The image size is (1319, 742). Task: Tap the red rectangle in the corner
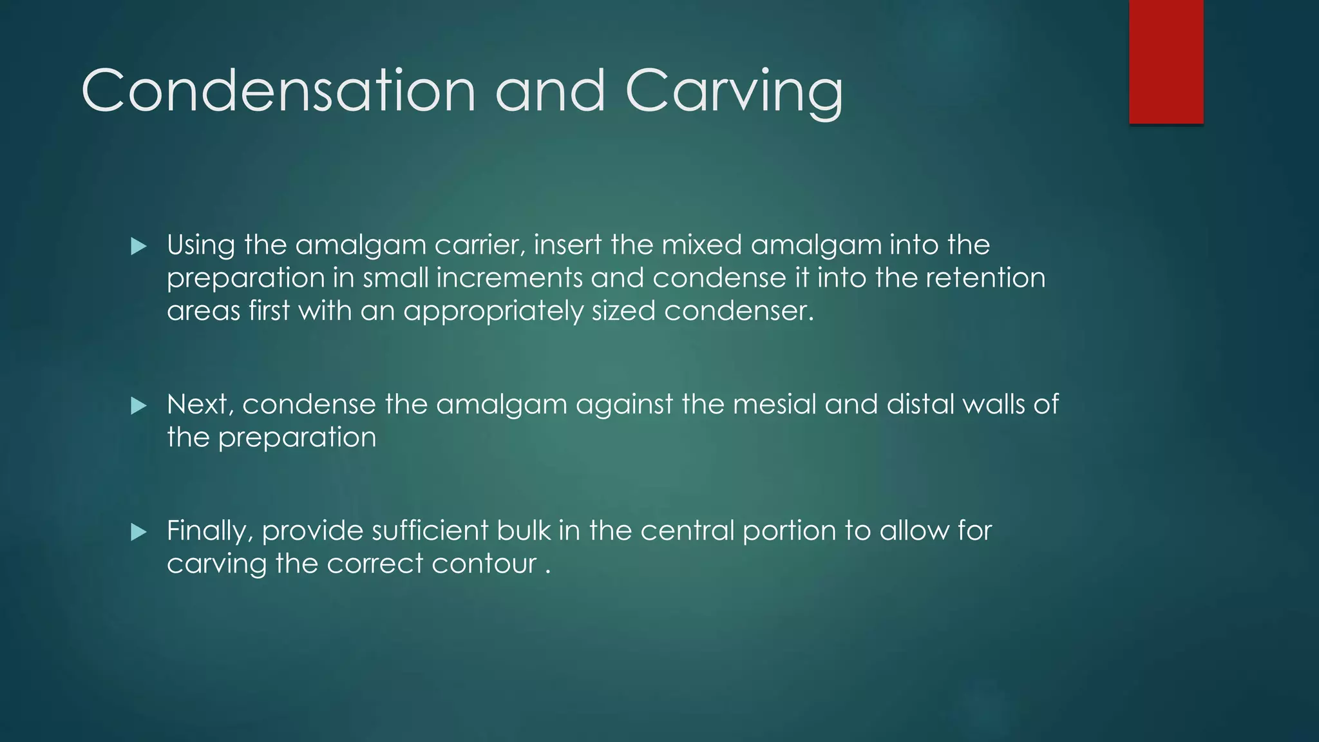click(1166, 61)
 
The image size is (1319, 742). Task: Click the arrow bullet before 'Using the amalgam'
click(138, 246)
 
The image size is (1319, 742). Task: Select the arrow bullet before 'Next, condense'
click(138, 406)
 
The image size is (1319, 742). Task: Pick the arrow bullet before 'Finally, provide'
click(138, 532)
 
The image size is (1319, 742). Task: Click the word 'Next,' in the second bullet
click(200, 405)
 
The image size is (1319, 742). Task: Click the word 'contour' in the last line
click(484, 564)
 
